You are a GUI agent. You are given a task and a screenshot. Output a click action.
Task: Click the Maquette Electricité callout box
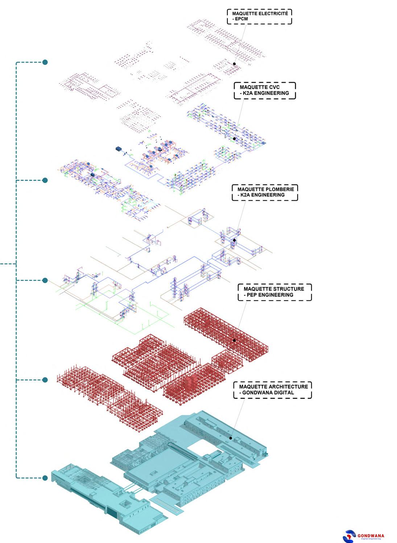tap(259, 17)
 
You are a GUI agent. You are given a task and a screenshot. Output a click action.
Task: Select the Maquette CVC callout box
tap(264, 90)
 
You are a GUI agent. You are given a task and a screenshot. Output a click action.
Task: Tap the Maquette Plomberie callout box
tap(265, 192)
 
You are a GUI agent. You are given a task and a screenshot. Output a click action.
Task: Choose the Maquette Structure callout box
tap(275, 292)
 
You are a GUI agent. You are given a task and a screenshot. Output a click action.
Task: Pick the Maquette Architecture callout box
tap(272, 390)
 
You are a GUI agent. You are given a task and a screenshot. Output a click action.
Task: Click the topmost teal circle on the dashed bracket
tap(45, 62)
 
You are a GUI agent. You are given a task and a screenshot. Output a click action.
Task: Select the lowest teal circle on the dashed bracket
tap(45, 478)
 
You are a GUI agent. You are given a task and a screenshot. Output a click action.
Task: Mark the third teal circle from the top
tap(45, 280)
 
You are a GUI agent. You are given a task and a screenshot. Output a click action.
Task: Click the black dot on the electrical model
tap(234, 64)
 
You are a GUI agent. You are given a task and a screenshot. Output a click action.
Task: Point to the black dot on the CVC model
tap(234, 139)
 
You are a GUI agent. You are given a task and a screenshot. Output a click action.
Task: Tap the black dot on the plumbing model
tap(234, 240)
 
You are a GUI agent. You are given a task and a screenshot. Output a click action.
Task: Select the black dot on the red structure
tap(234, 340)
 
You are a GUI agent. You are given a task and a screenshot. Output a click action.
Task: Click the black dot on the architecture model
tap(231, 438)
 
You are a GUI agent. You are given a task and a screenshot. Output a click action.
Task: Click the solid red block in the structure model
tap(190, 383)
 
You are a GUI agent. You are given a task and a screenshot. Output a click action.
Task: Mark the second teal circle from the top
tap(45, 180)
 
